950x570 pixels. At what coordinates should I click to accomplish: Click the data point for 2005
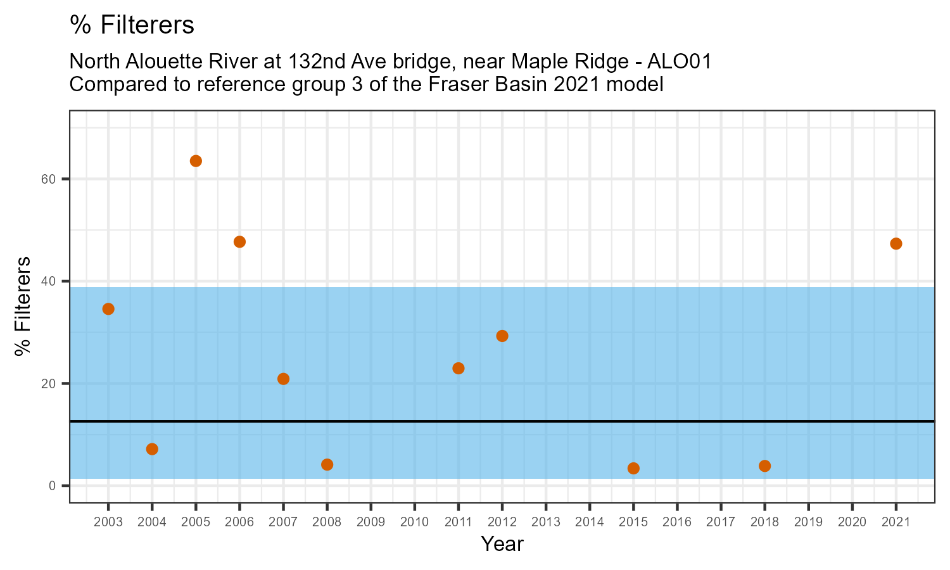pyautogui.click(x=196, y=161)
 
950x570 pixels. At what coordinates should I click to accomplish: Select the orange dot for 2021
pyautogui.click(x=896, y=244)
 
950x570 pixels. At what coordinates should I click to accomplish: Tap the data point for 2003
pyautogui.click(x=108, y=309)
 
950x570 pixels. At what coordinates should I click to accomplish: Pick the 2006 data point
pyautogui.click(x=239, y=242)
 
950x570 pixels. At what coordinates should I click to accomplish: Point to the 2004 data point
pyautogui.click(x=152, y=449)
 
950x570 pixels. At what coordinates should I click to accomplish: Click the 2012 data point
pyautogui.click(x=502, y=336)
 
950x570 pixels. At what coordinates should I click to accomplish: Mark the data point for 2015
pyautogui.click(x=633, y=469)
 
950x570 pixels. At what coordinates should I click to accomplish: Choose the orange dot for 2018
pyautogui.click(x=764, y=466)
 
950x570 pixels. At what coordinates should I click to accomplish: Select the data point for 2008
pyautogui.click(x=327, y=465)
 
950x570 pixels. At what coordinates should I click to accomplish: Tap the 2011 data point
pyautogui.click(x=459, y=369)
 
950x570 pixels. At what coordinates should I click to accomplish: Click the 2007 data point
pyautogui.click(x=283, y=379)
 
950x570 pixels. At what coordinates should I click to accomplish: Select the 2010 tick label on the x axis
pyautogui.click(x=414, y=522)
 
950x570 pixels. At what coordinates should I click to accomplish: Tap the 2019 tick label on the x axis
pyautogui.click(x=808, y=522)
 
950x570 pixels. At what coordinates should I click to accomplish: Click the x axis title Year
pyautogui.click(x=502, y=544)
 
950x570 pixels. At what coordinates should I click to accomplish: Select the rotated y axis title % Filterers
pyautogui.click(x=23, y=307)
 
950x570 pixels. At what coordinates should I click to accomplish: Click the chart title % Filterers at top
pyautogui.click(x=132, y=25)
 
